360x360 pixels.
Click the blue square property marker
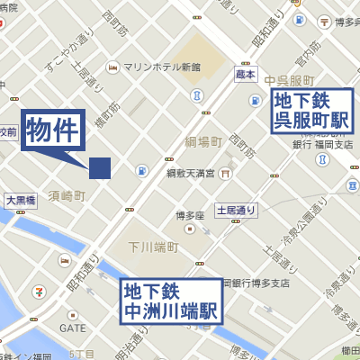tap(99, 168)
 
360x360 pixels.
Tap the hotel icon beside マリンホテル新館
tap(112, 66)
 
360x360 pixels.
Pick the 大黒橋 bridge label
tap(21, 201)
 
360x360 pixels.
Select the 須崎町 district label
tap(67, 194)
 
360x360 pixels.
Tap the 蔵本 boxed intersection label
tap(246, 75)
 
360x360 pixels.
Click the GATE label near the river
tap(73, 328)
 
